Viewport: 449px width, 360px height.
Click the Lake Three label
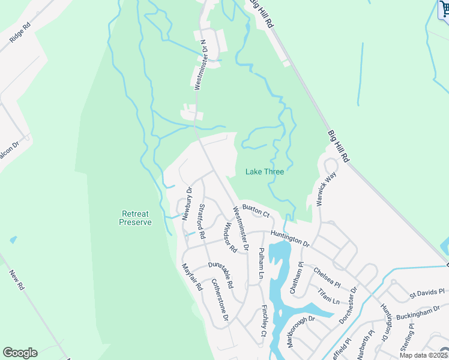click(264, 172)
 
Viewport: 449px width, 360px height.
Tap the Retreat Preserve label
click(135, 218)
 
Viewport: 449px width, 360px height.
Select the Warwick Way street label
click(325, 189)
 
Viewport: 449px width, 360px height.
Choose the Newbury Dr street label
click(187, 203)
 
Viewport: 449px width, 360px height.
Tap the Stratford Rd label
click(202, 222)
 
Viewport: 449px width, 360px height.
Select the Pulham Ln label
click(261, 265)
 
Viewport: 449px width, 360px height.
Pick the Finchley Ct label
click(264, 320)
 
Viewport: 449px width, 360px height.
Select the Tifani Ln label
click(328, 295)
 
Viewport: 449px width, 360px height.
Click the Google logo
click(20, 353)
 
